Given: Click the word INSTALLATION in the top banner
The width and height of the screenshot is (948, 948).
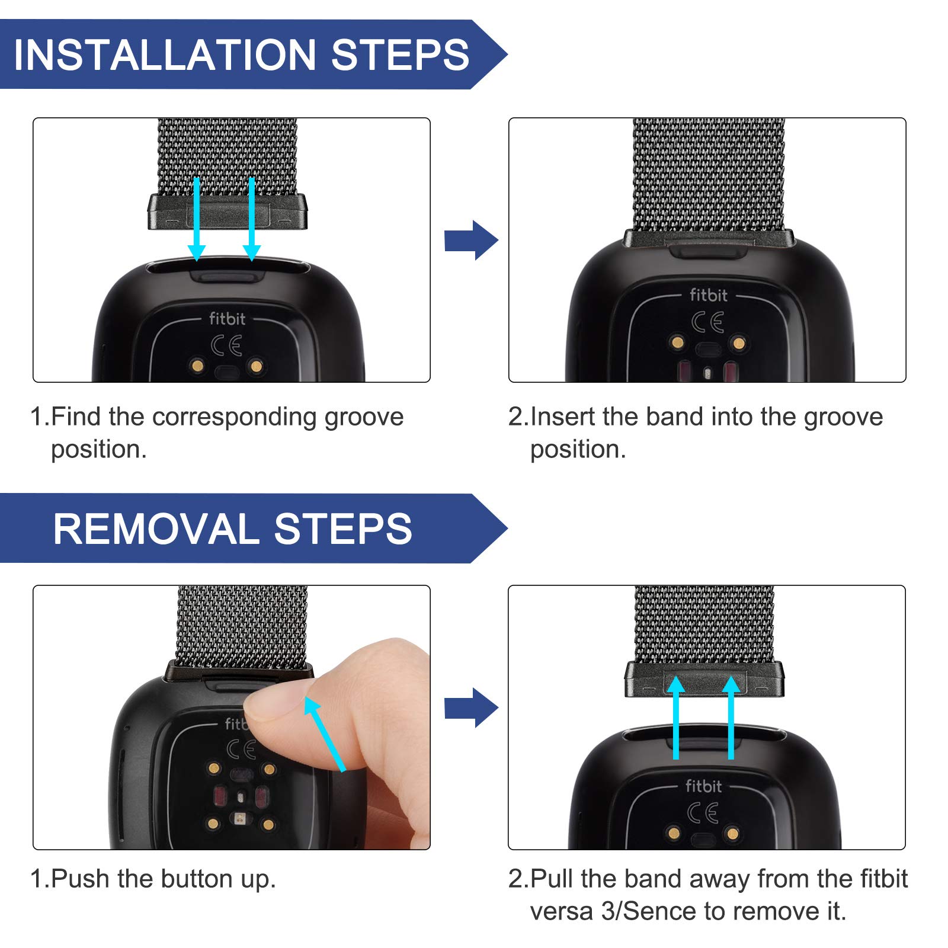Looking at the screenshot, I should pyautogui.click(x=164, y=55).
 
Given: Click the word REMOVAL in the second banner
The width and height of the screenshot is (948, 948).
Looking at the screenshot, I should pyautogui.click(x=155, y=529).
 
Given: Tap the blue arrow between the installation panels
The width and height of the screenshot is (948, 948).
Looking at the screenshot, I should pyautogui.click(x=471, y=241).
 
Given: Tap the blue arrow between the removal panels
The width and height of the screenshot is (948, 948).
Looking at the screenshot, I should pyautogui.click(x=471, y=707).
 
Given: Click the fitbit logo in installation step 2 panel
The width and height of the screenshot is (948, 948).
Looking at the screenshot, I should pyautogui.click(x=708, y=295).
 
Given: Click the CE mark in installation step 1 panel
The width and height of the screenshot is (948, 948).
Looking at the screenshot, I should pyautogui.click(x=226, y=345).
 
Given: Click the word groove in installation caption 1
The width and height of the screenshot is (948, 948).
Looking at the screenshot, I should pyautogui.click(x=364, y=417).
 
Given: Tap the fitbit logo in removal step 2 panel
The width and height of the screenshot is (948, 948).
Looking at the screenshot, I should pyautogui.click(x=703, y=786).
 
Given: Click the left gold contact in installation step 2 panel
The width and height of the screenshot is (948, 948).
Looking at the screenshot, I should pyautogui.click(x=677, y=342).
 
